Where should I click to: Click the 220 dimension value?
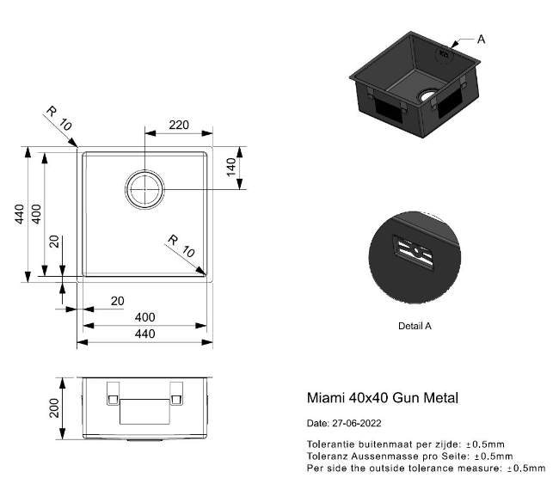click(179, 125)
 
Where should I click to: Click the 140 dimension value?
click(231, 167)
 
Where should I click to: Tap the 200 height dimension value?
click(54, 408)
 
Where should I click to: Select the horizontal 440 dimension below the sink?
click(145, 334)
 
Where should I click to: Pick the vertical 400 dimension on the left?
click(36, 214)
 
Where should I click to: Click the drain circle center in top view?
click(144, 189)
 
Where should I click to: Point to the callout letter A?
click(482, 40)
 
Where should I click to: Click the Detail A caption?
click(415, 326)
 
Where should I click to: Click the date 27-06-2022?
click(357, 424)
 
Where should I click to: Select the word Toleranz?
click(327, 456)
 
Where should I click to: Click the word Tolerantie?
click(330, 444)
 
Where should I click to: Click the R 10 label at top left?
click(59, 119)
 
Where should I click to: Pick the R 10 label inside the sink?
click(181, 246)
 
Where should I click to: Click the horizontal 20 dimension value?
click(117, 301)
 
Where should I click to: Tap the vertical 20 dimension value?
click(54, 242)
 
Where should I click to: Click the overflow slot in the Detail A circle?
click(414, 253)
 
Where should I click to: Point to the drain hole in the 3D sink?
click(427, 95)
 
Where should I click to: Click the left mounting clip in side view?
click(113, 394)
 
